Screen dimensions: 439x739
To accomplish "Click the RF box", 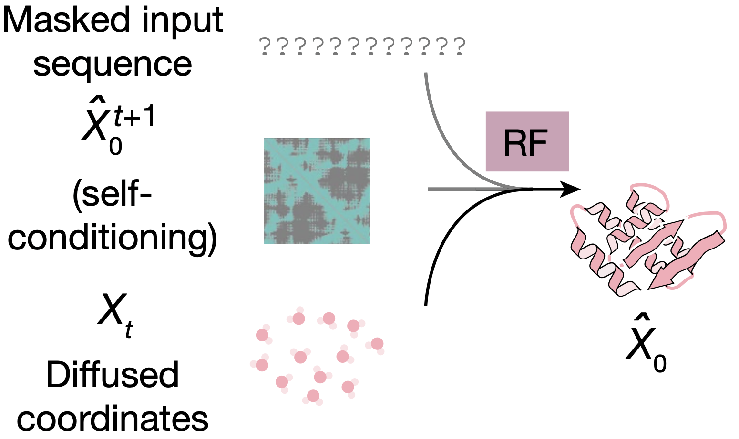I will click(x=527, y=141).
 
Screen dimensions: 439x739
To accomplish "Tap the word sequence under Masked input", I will click(x=113, y=64).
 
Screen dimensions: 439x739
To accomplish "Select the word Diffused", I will click(x=113, y=375).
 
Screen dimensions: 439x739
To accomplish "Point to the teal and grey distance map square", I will click(x=317, y=191).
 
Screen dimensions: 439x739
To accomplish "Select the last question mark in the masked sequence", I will click(x=460, y=47).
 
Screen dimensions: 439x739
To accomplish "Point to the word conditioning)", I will click(x=113, y=237).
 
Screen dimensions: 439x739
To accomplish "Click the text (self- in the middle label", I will click(x=113, y=195).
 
